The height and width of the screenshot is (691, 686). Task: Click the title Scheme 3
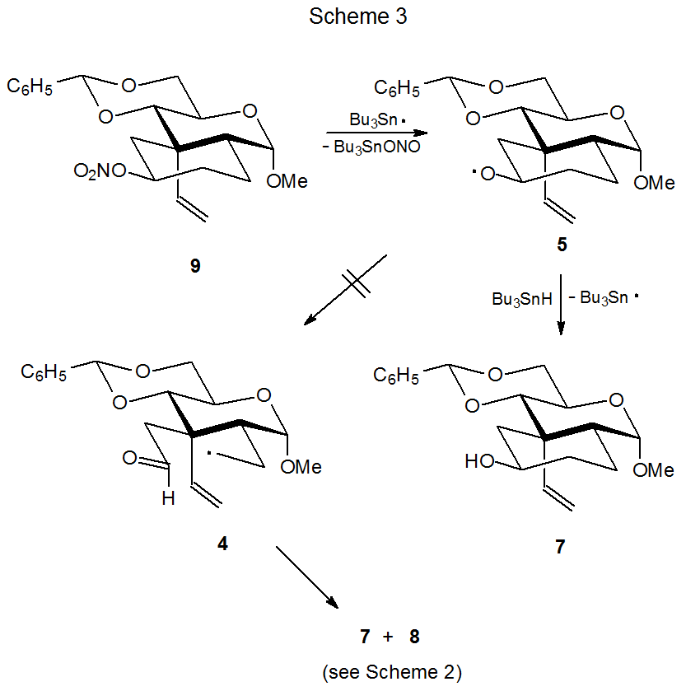[x=357, y=16]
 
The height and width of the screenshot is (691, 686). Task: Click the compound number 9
[x=195, y=267]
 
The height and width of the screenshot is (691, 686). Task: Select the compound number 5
[x=562, y=246]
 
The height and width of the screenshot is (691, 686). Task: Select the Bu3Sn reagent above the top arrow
[x=373, y=119]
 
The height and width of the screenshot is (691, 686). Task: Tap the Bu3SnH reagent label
[x=517, y=298]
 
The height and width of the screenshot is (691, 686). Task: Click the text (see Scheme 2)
[x=391, y=672]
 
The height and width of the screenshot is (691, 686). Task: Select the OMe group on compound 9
[x=287, y=181]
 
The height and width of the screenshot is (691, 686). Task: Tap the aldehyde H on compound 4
[x=168, y=499]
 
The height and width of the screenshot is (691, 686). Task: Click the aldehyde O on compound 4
[x=129, y=456]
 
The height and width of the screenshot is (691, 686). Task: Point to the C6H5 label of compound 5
[x=399, y=87]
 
